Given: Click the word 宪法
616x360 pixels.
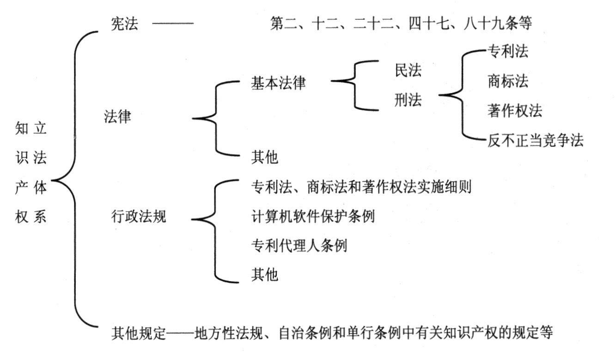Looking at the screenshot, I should pyautogui.click(x=124, y=24).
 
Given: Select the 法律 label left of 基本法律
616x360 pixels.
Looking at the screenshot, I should pyautogui.click(x=117, y=117).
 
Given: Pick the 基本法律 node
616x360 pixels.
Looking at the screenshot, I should pyautogui.click(x=278, y=83).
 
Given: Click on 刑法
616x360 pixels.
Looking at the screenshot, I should pyautogui.click(x=408, y=100).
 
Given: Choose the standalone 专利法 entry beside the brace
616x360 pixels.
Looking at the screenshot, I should pyautogui.click(x=507, y=52).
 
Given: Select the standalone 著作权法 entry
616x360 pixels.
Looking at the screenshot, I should pyautogui.click(x=514, y=111).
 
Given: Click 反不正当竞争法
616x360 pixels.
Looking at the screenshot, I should pyautogui.click(x=535, y=140).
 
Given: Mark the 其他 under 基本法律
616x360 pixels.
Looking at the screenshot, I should pyautogui.click(x=264, y=158).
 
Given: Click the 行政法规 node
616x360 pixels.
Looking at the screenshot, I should pyautogui.click(x=139, y=216).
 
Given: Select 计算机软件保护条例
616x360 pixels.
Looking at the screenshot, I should pyautogui.click(x=312, y=216).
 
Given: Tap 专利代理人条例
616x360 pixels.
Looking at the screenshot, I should pyautogui.click(x=299, y=245).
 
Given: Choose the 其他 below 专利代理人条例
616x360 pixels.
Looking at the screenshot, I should pyautogui.click(x=264, y=275).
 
